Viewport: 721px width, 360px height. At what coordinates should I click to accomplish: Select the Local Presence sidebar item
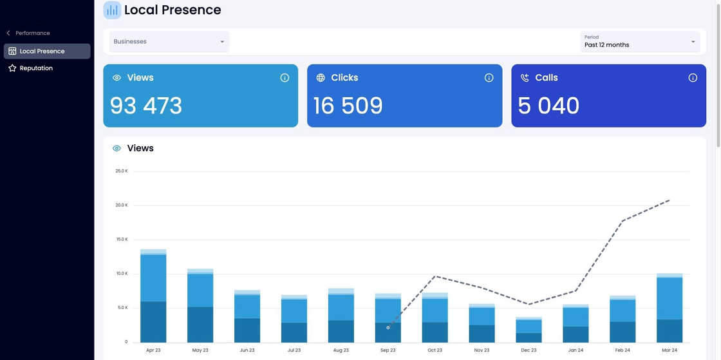[47, 51]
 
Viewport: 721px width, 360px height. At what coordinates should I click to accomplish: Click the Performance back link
[28, 33]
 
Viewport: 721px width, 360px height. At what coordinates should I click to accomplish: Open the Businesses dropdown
[169, 41]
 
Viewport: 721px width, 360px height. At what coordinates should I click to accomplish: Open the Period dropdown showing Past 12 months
[640, 41]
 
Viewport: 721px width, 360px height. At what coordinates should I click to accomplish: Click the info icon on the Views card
[285, 78]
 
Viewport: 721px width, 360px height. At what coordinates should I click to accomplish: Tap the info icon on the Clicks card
[489, 78]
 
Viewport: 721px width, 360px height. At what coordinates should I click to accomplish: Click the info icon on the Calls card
[693, 78]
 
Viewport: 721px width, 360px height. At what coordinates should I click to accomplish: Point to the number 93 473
[146, 106]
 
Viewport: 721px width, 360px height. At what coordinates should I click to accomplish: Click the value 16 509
[348, 106]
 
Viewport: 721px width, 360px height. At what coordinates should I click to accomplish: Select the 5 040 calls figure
[548, 106]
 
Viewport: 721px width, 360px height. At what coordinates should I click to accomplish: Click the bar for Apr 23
[154, 296]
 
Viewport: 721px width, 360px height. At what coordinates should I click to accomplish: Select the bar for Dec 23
[529, 330]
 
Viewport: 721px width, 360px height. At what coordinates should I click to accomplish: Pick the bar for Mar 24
[669, 308]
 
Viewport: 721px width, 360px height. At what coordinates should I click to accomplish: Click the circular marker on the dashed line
[388, 328]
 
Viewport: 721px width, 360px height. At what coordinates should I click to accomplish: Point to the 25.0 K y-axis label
[122, 171]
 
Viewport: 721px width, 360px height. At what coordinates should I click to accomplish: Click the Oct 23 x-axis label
[435, 350]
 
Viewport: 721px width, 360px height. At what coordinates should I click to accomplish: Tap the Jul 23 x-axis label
[294, 350]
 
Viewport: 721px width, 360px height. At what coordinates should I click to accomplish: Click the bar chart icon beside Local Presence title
[112, 10]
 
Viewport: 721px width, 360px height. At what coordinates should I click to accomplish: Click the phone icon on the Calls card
[525, 78]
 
